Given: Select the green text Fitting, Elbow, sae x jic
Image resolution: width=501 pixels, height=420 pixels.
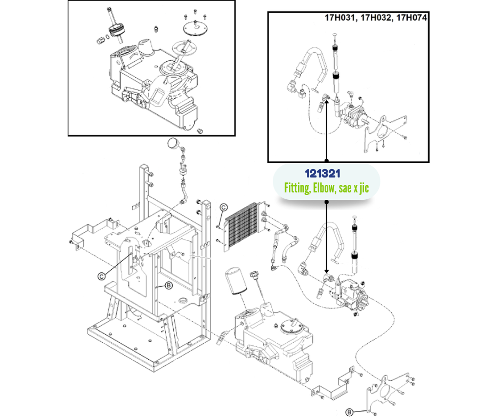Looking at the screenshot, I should (x=326, y=187).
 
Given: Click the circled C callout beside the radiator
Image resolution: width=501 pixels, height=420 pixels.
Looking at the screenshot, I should (x=224, y=207).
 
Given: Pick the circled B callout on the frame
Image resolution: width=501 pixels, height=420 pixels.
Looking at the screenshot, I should (x=168, y=286).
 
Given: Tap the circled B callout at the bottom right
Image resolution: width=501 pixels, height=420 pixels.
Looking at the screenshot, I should (x=349, y=411).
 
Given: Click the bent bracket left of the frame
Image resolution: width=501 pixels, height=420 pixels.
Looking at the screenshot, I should (x=92, y=233).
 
